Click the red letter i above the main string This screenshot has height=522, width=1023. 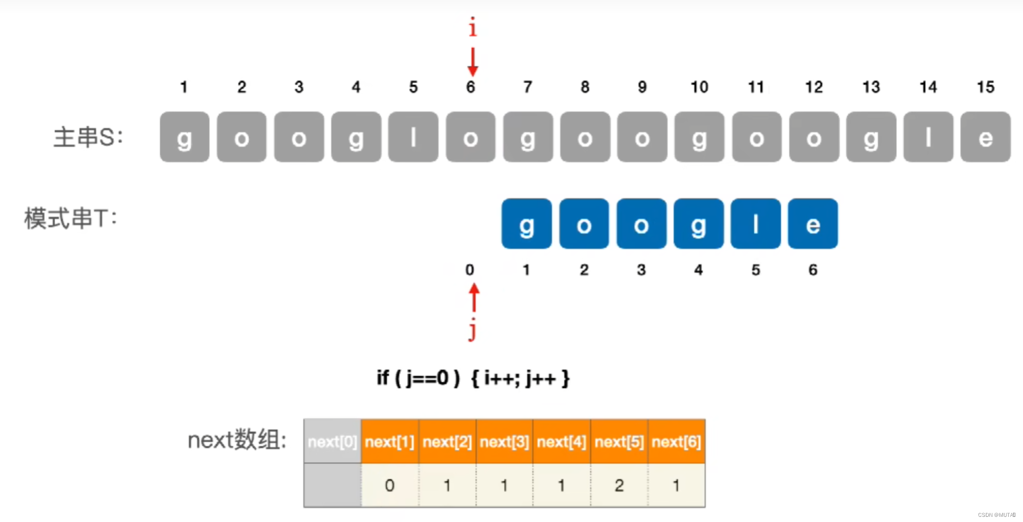coord(472,27)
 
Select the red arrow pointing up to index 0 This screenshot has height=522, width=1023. coord(474,298)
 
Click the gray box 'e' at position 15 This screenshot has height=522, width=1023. coord(985,137)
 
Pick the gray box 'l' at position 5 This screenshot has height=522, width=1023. coord(413,137)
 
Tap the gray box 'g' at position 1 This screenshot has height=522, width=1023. coord(185,137)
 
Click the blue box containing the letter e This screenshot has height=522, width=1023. coord(813,224)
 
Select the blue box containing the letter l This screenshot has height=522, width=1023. coord(755,224)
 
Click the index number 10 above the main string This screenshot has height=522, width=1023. coord(699,87)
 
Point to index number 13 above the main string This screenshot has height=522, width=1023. coord(871,87)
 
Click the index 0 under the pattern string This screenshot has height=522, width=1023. coord(469,270)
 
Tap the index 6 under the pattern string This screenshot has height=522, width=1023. coord(813,270)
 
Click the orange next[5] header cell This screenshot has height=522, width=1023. coord(619,442)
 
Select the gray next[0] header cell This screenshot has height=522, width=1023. coord(333,442)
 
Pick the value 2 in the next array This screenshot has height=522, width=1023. coord(619,485)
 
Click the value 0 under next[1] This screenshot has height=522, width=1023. coord(389,485)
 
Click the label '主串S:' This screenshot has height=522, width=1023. coord(88,138)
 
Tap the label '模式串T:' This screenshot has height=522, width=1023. coord(71,219)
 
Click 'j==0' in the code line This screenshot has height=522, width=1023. coord(427,379)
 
